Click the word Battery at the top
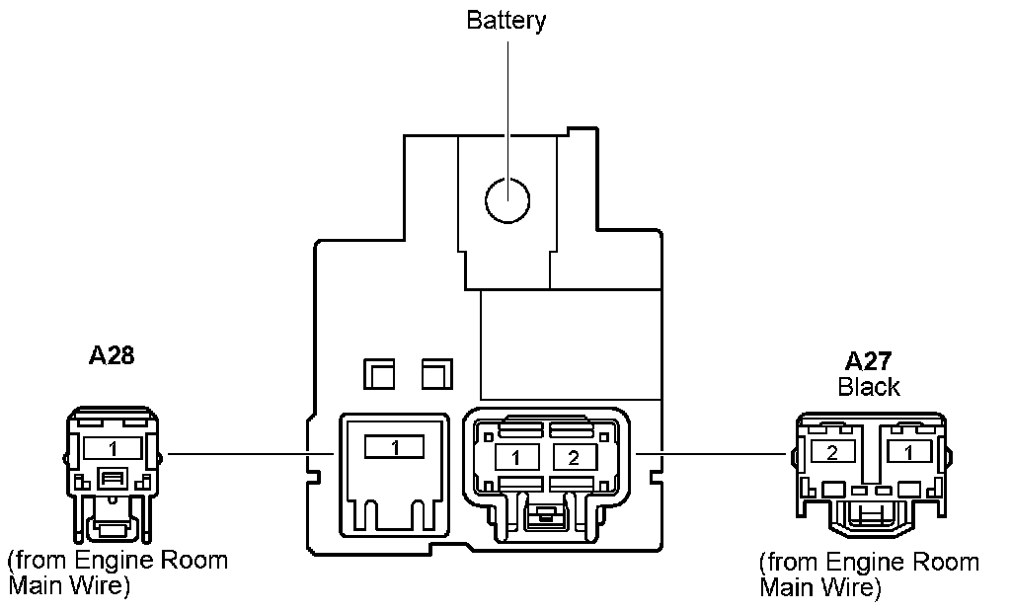[505, 21]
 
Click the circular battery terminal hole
[507, 200]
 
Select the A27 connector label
[868, 361]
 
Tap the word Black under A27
[868, 386]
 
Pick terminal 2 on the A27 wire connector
[831, 452]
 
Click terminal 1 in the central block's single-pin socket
[394, 448]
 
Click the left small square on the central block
[379, 373]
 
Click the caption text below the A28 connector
[117, 574]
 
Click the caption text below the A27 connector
[868, 574]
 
